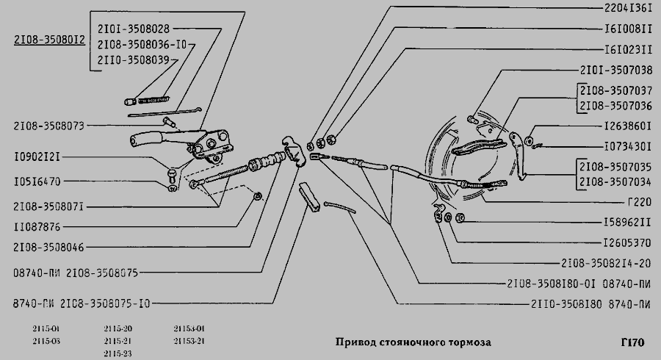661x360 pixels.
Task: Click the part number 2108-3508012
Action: click(49, 41)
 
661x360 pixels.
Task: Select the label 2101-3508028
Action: click(133, 29)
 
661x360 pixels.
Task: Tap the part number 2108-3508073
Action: click(50, 126)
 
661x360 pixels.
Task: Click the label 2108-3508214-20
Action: click(607, 262)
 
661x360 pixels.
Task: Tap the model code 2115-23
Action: click(118, 353)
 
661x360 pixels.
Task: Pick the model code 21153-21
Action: click(189, 341)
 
